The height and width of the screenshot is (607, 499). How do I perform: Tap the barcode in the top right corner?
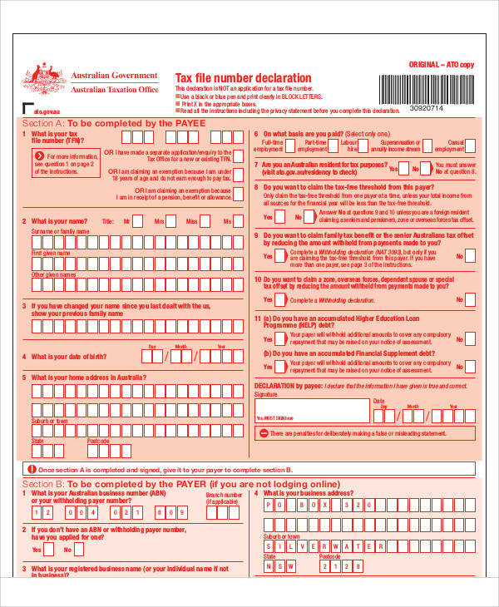tap(426, 87)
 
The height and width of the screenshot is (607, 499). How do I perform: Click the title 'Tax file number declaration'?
tap(230, 78)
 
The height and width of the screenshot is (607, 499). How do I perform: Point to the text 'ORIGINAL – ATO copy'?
tap(441, 64)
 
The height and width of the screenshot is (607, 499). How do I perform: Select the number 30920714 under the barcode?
tap(426, 108)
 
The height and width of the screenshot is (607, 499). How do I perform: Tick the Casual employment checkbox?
tap(471, 149)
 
